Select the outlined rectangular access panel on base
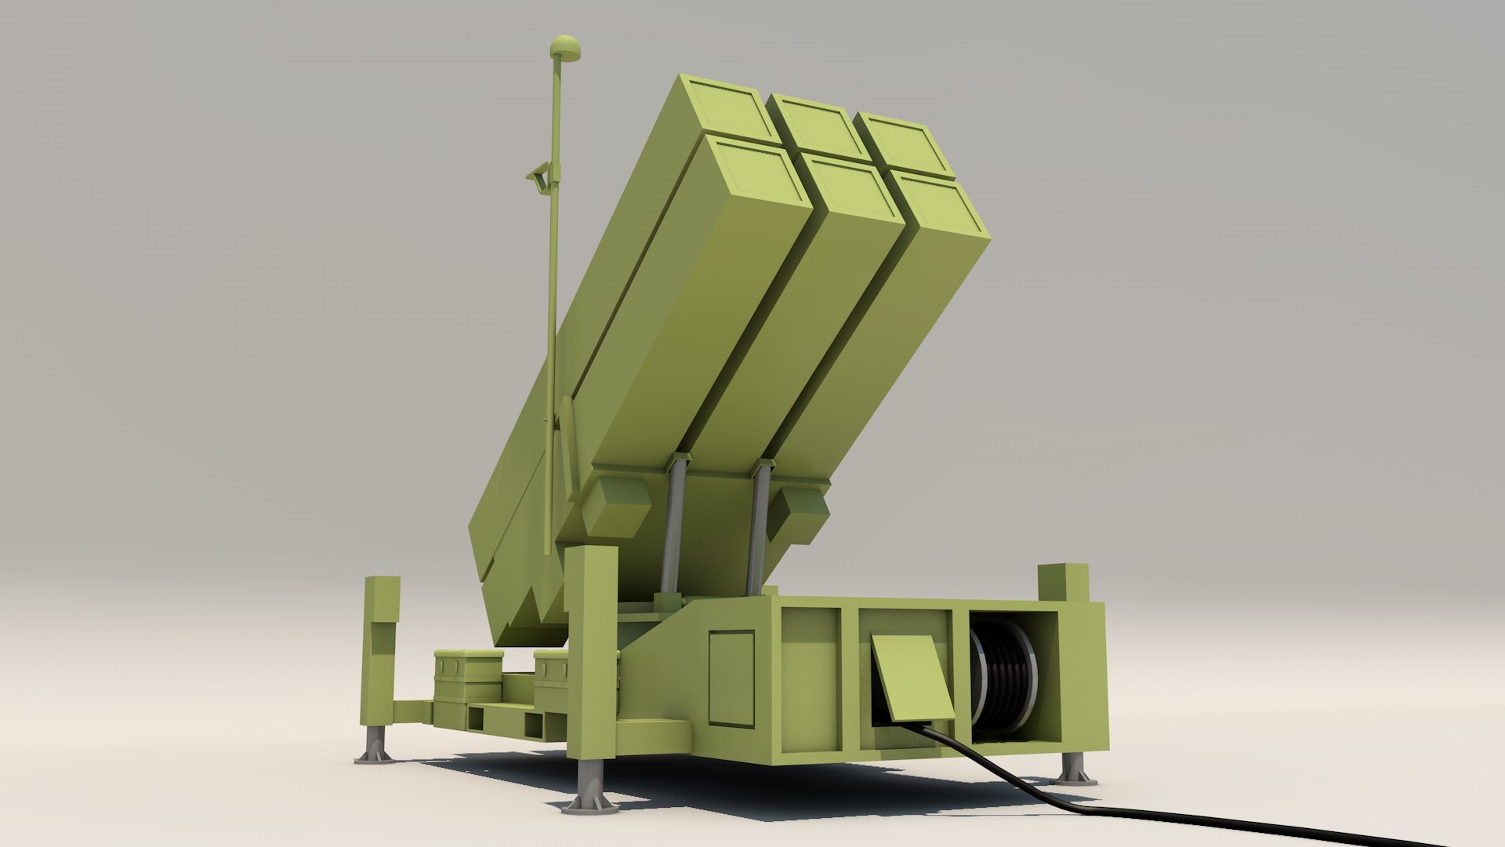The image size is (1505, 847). click(731, 678)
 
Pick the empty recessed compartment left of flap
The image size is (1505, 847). click(811, 674)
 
